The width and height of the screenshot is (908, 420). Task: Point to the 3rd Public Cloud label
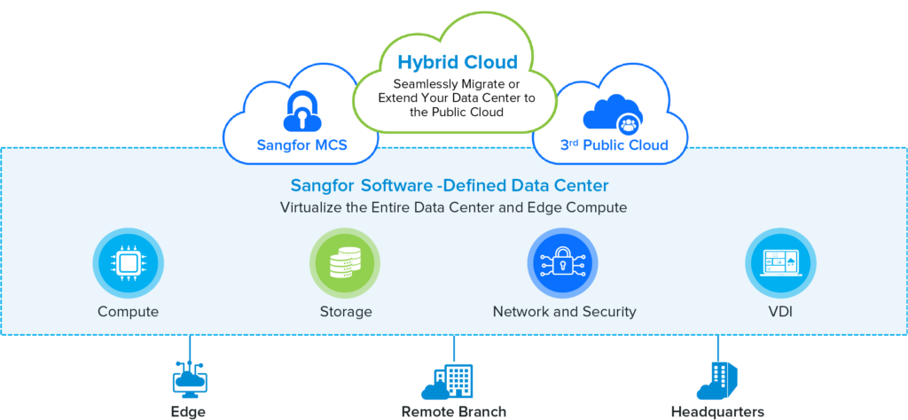pyautogui.click(x=614, y=144)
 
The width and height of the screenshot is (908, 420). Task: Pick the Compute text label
pyautogui.click(x=128, y=312)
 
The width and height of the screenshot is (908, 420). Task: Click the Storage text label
pyautogui.click(x=345, y=312)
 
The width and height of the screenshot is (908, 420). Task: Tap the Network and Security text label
pyautogui.click(x=564, y=312)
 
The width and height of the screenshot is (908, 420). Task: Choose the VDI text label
pyautogui.click(x=780, y=312)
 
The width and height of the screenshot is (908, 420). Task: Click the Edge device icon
pyautogui.click(x=188, y=378)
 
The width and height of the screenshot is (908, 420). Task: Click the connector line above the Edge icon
pyautogui.click(x=188, y=347)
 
